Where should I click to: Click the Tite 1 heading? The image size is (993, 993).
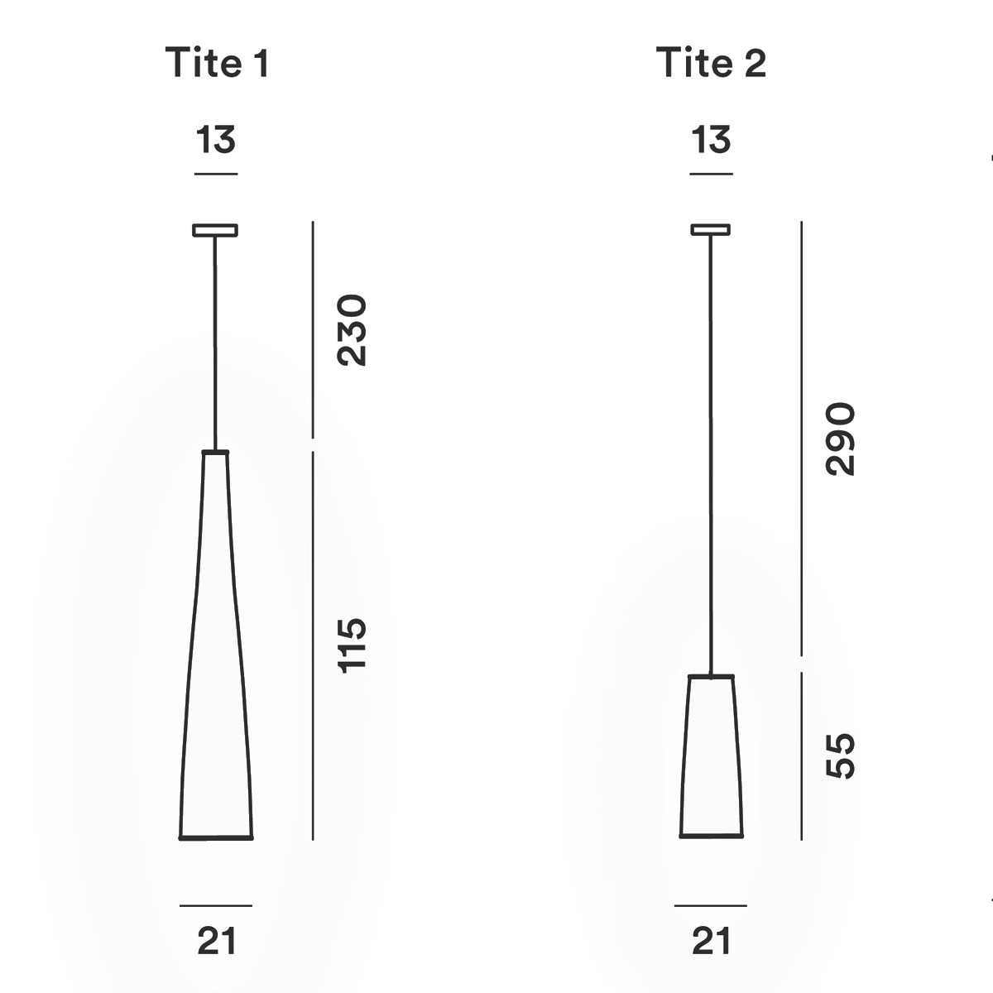pyautogui.click(x=218, y=63)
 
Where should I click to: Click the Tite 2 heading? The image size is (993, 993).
pyautogui.click(x=711, y=63)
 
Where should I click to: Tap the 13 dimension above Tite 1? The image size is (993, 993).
pyautogui.click(x=216, y=140)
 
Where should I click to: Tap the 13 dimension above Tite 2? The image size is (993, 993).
pyautogui.click(x=711, y=140)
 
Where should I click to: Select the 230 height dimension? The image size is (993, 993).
pyautogui.click(x=351, y=329)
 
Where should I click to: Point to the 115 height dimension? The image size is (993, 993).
pyautogui.click(x=351, y=645)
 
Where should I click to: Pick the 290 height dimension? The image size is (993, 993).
pyautogui.click(x=840, y=439)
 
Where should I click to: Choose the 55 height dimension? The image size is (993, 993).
pyautogui.click(x=840, y=755)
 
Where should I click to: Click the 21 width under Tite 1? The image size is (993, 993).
pyautogui.click(x=217, y=942)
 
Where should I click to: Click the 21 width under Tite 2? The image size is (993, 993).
pyautogui.click(x=711, y=942)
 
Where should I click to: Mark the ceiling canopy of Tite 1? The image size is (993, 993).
pyautogui.click(x=215, y=230)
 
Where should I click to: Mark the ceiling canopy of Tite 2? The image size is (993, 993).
pyautogui.click(x=711, y=229)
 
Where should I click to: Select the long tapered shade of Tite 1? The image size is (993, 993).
pyautogui.click(x=216, y=662)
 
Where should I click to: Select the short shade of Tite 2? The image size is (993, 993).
pyautogui.click(x=712, y=757)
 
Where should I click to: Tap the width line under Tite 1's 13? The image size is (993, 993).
pyautogui.click(x=216, y=174)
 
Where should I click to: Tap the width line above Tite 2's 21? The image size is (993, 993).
pyautogui.click(x=710, y=905)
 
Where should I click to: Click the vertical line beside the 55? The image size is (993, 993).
pyautogui.click(x=801, y=755)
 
